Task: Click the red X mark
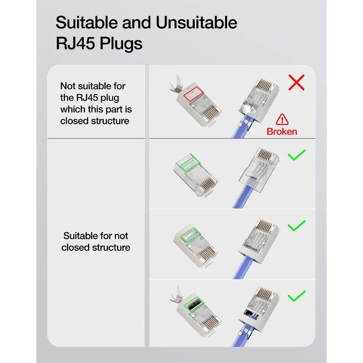pos(296,82)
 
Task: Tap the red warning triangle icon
pos(282,119)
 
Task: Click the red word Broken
pos(282,131)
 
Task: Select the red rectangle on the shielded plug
pos(194,94)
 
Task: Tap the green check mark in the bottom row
pos(296,296)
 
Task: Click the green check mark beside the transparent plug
pos(296,155)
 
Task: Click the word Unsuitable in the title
pos(196,23)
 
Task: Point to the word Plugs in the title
pos(121,44)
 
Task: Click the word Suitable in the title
pos(87,23)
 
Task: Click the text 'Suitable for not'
pos(96,236)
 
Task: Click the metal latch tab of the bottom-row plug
pos(176,295)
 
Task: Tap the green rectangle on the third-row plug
pos(190,235)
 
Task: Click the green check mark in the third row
pos(296,226)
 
